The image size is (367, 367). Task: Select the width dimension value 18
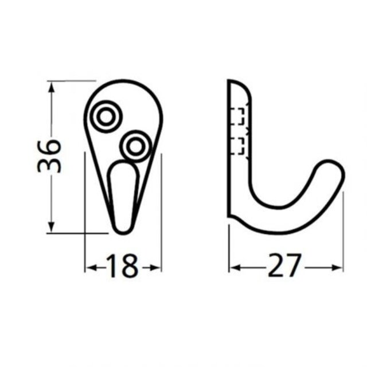[123, 267]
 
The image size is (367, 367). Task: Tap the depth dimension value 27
[284, 267]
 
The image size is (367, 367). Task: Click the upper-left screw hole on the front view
[106, 116]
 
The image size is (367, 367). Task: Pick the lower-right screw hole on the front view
[136, 146]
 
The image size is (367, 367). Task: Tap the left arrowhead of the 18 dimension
[90, 267]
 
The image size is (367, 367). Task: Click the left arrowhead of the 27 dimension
[235, 267]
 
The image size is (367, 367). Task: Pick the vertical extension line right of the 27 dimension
[343, 229]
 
